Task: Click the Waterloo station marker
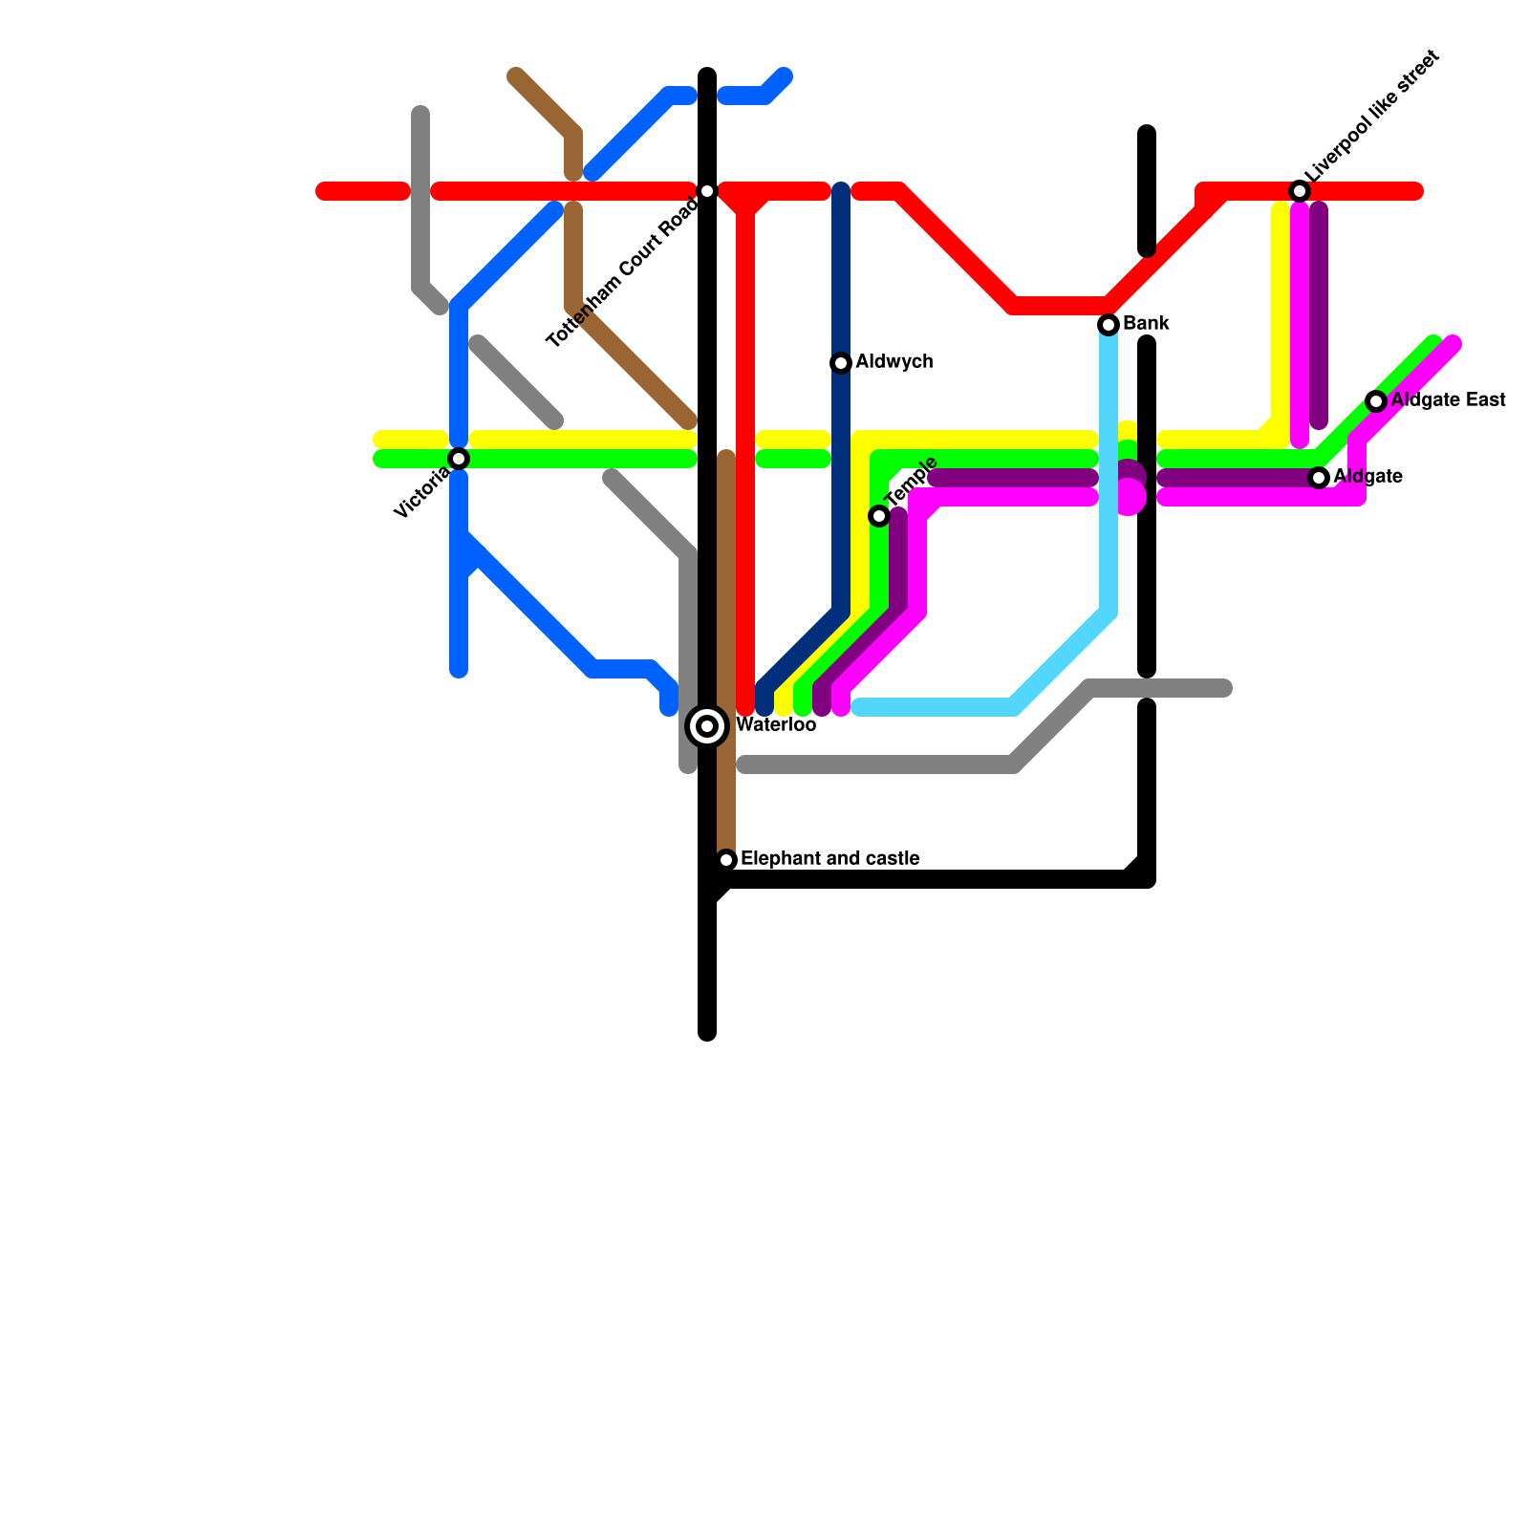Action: coord(707,726)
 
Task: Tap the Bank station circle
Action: coord(1109,325)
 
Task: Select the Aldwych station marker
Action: coord(841,363)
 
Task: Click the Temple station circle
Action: coord(879,516)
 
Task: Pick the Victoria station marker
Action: coord(459,459)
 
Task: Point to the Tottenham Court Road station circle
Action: coord(707,191)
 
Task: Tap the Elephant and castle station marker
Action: coord(726,860)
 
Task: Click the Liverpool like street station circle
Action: coord(1300,191)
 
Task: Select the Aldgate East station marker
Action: coord(1376,401)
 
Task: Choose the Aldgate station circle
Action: coord(1319,477)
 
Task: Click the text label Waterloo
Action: coord(776,725)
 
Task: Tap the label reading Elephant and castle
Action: coord(829,859)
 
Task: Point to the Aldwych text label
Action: coord(894,362)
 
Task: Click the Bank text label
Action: coord(1146,324)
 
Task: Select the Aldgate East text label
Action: coord(1448,400)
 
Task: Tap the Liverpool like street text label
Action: coord(1374,116)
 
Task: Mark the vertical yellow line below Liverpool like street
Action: coord(1281,315)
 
